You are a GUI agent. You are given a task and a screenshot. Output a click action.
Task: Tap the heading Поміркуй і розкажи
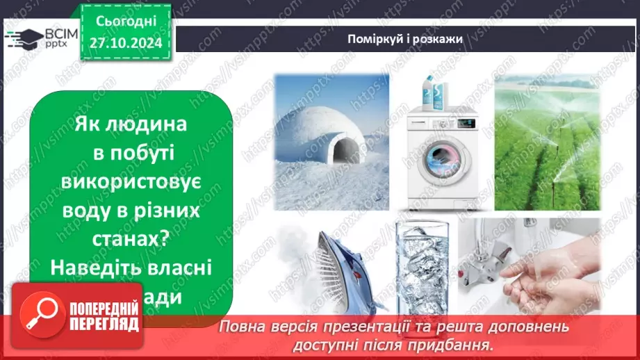405,39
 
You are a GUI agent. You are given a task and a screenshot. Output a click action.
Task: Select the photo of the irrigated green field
548,142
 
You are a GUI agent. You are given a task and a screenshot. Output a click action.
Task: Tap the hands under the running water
556,278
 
